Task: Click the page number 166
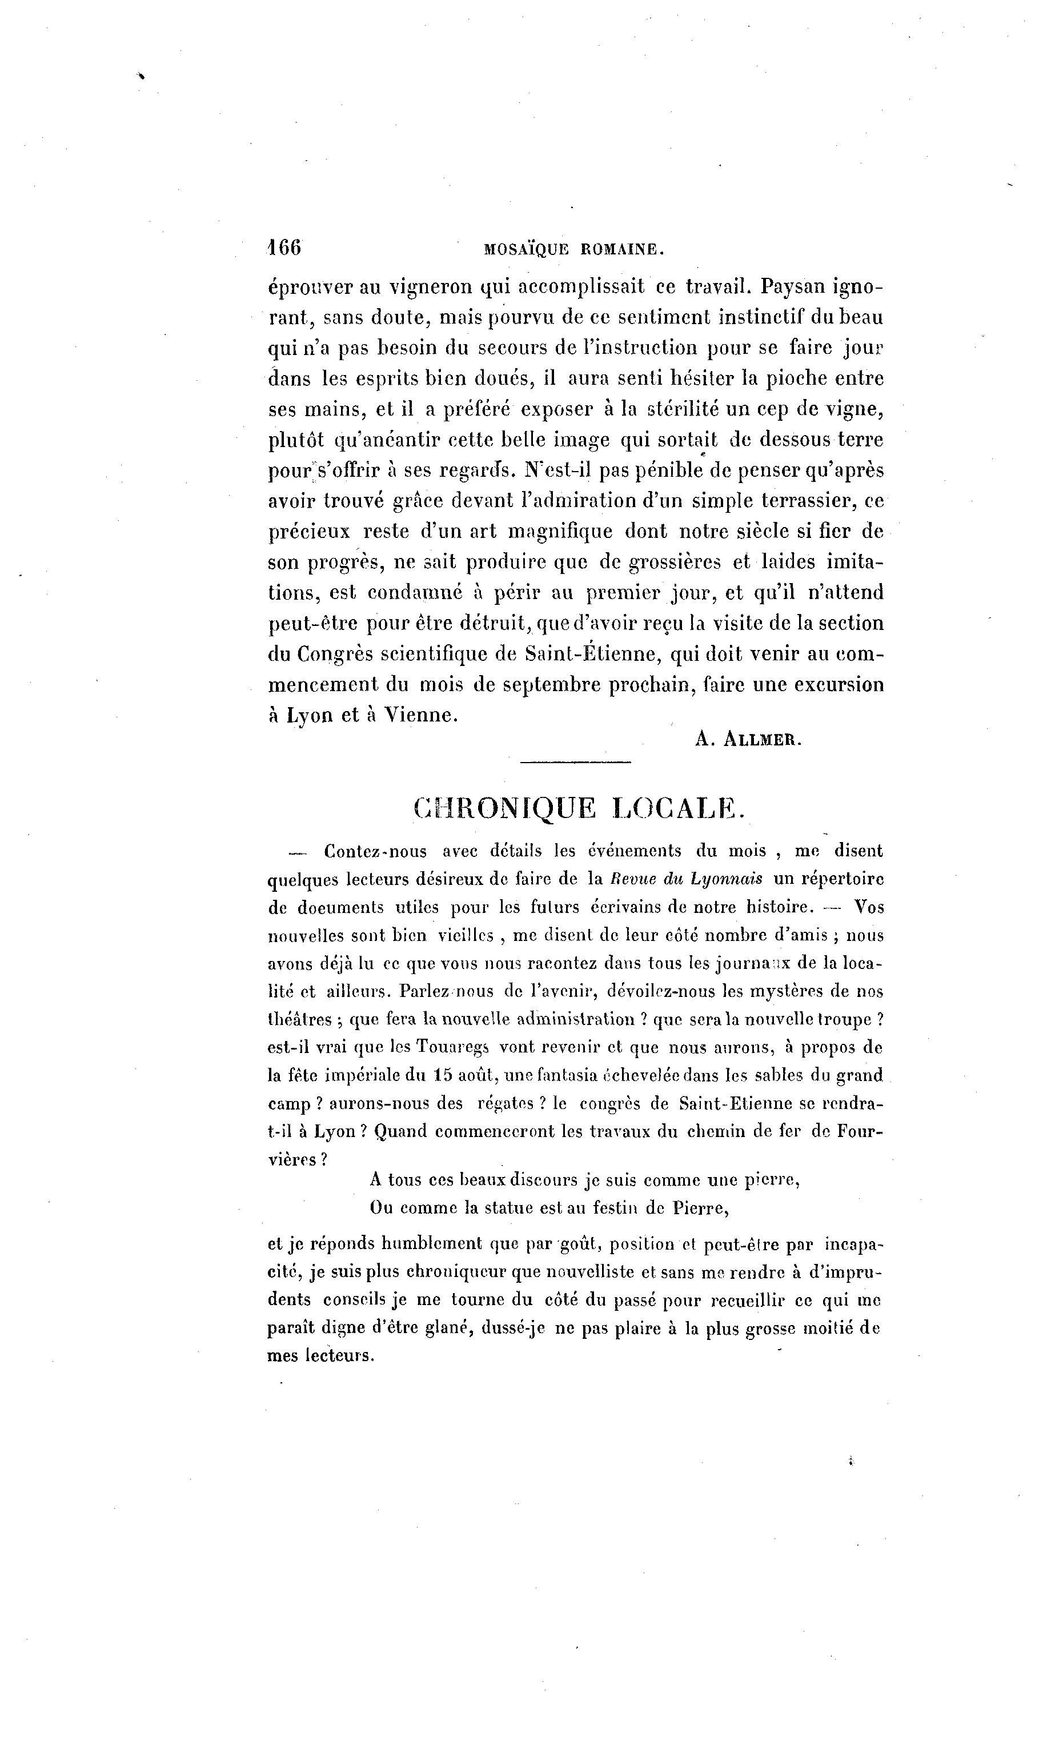tap(284, 247)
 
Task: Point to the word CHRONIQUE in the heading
tap(504, 808)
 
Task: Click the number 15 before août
tap(442, 1075)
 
